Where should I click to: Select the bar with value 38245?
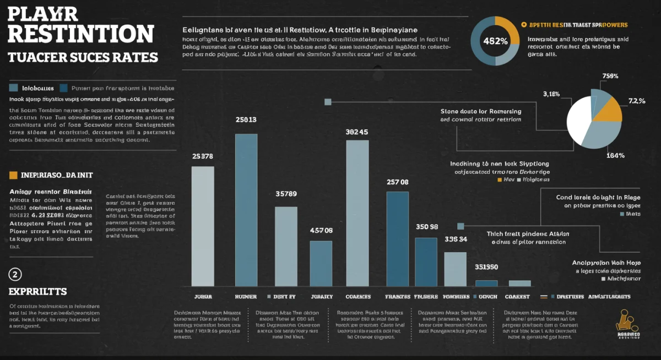357,213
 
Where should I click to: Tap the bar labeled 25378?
202,226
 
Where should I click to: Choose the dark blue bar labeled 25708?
397,238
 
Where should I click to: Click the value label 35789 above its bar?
286,194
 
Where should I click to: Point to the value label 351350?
486,267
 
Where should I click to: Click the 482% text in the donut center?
495,41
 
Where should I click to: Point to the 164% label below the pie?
615,155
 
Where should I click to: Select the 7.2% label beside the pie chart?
636,101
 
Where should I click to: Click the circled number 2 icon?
15,274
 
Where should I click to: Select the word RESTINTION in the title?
81,34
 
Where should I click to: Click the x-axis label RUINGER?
246,296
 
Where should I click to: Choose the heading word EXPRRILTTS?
37,291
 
